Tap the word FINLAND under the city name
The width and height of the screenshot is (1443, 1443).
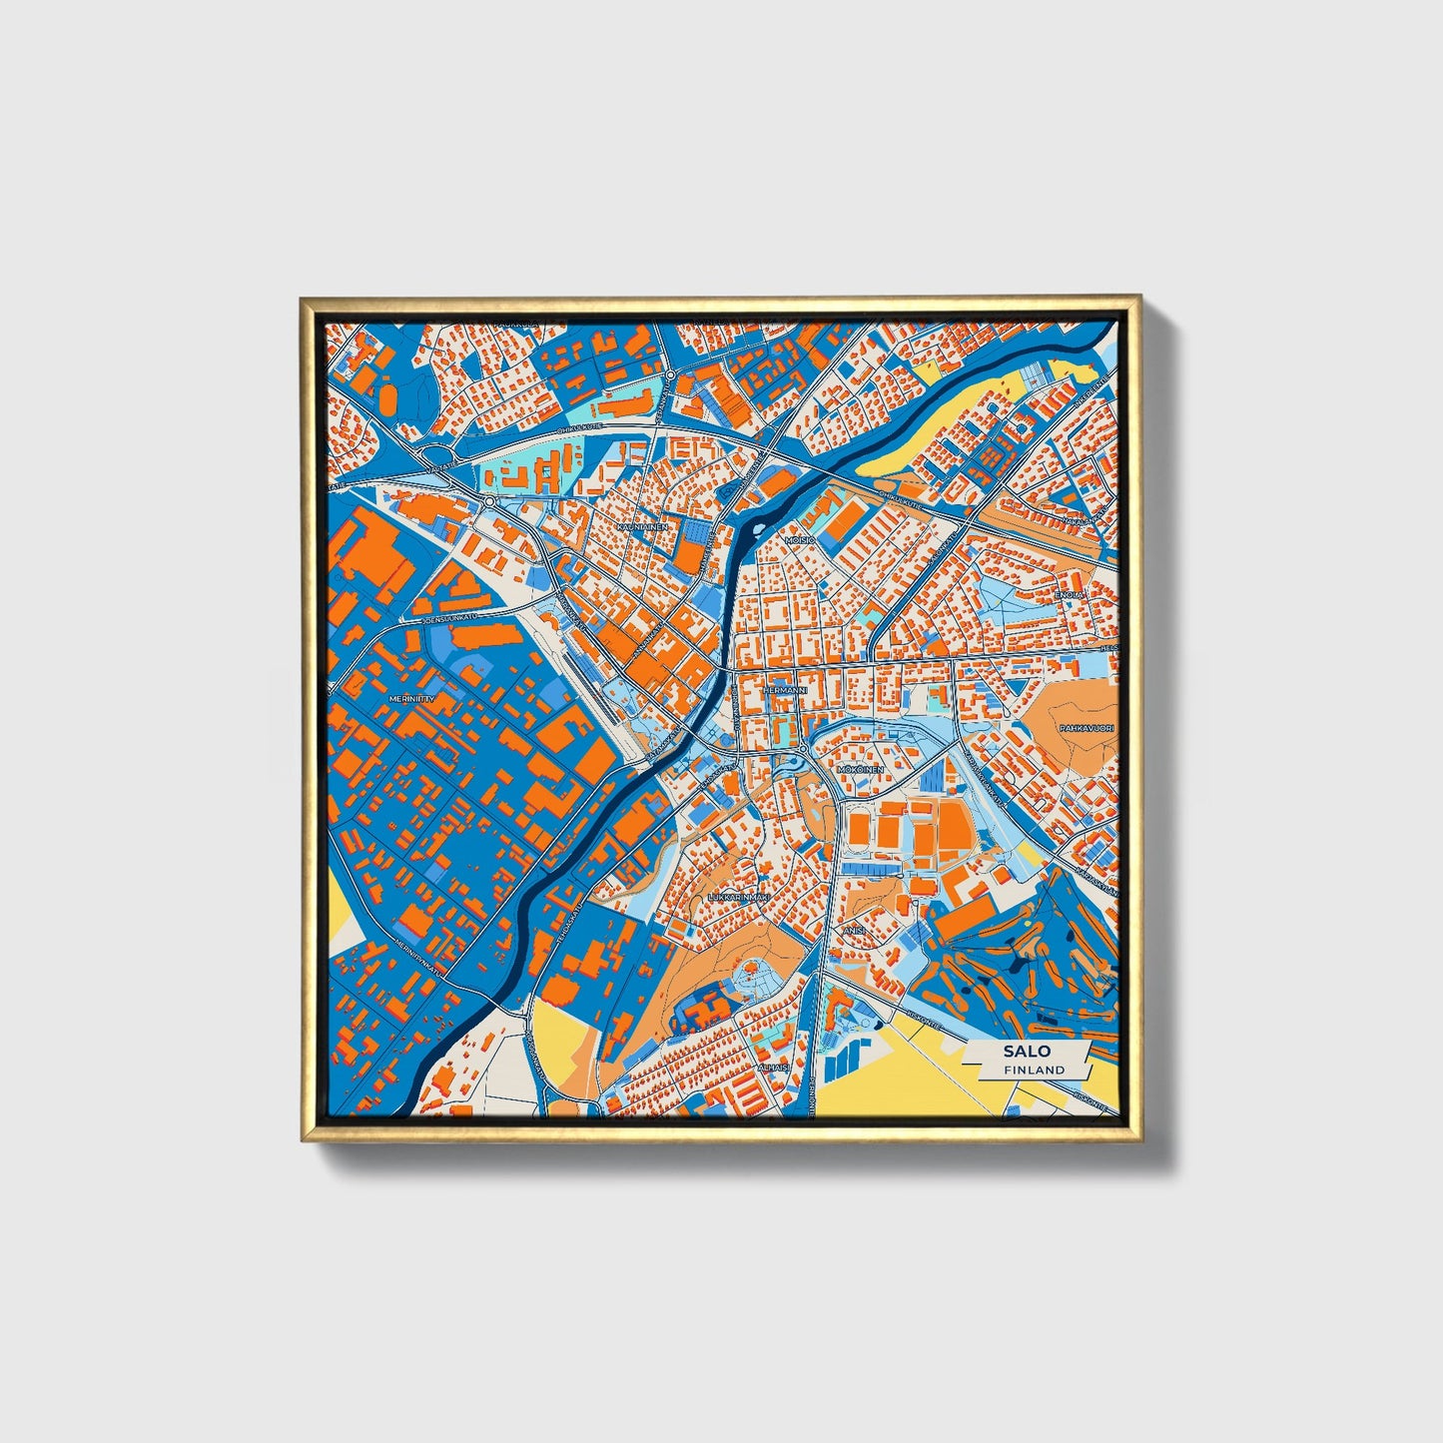pos(1035,1070)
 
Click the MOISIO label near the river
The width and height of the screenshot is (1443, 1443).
pos(800,539)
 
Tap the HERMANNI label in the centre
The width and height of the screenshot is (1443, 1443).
pos(783,690)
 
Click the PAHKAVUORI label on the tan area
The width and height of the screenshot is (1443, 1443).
pos(1086,729)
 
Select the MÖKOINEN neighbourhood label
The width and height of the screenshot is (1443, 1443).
pos(860,771)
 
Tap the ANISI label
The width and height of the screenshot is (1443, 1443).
pos(854,930)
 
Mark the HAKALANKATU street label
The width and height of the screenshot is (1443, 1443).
pos(1088,519)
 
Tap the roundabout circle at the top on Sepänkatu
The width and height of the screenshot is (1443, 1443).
pos(671,375)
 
